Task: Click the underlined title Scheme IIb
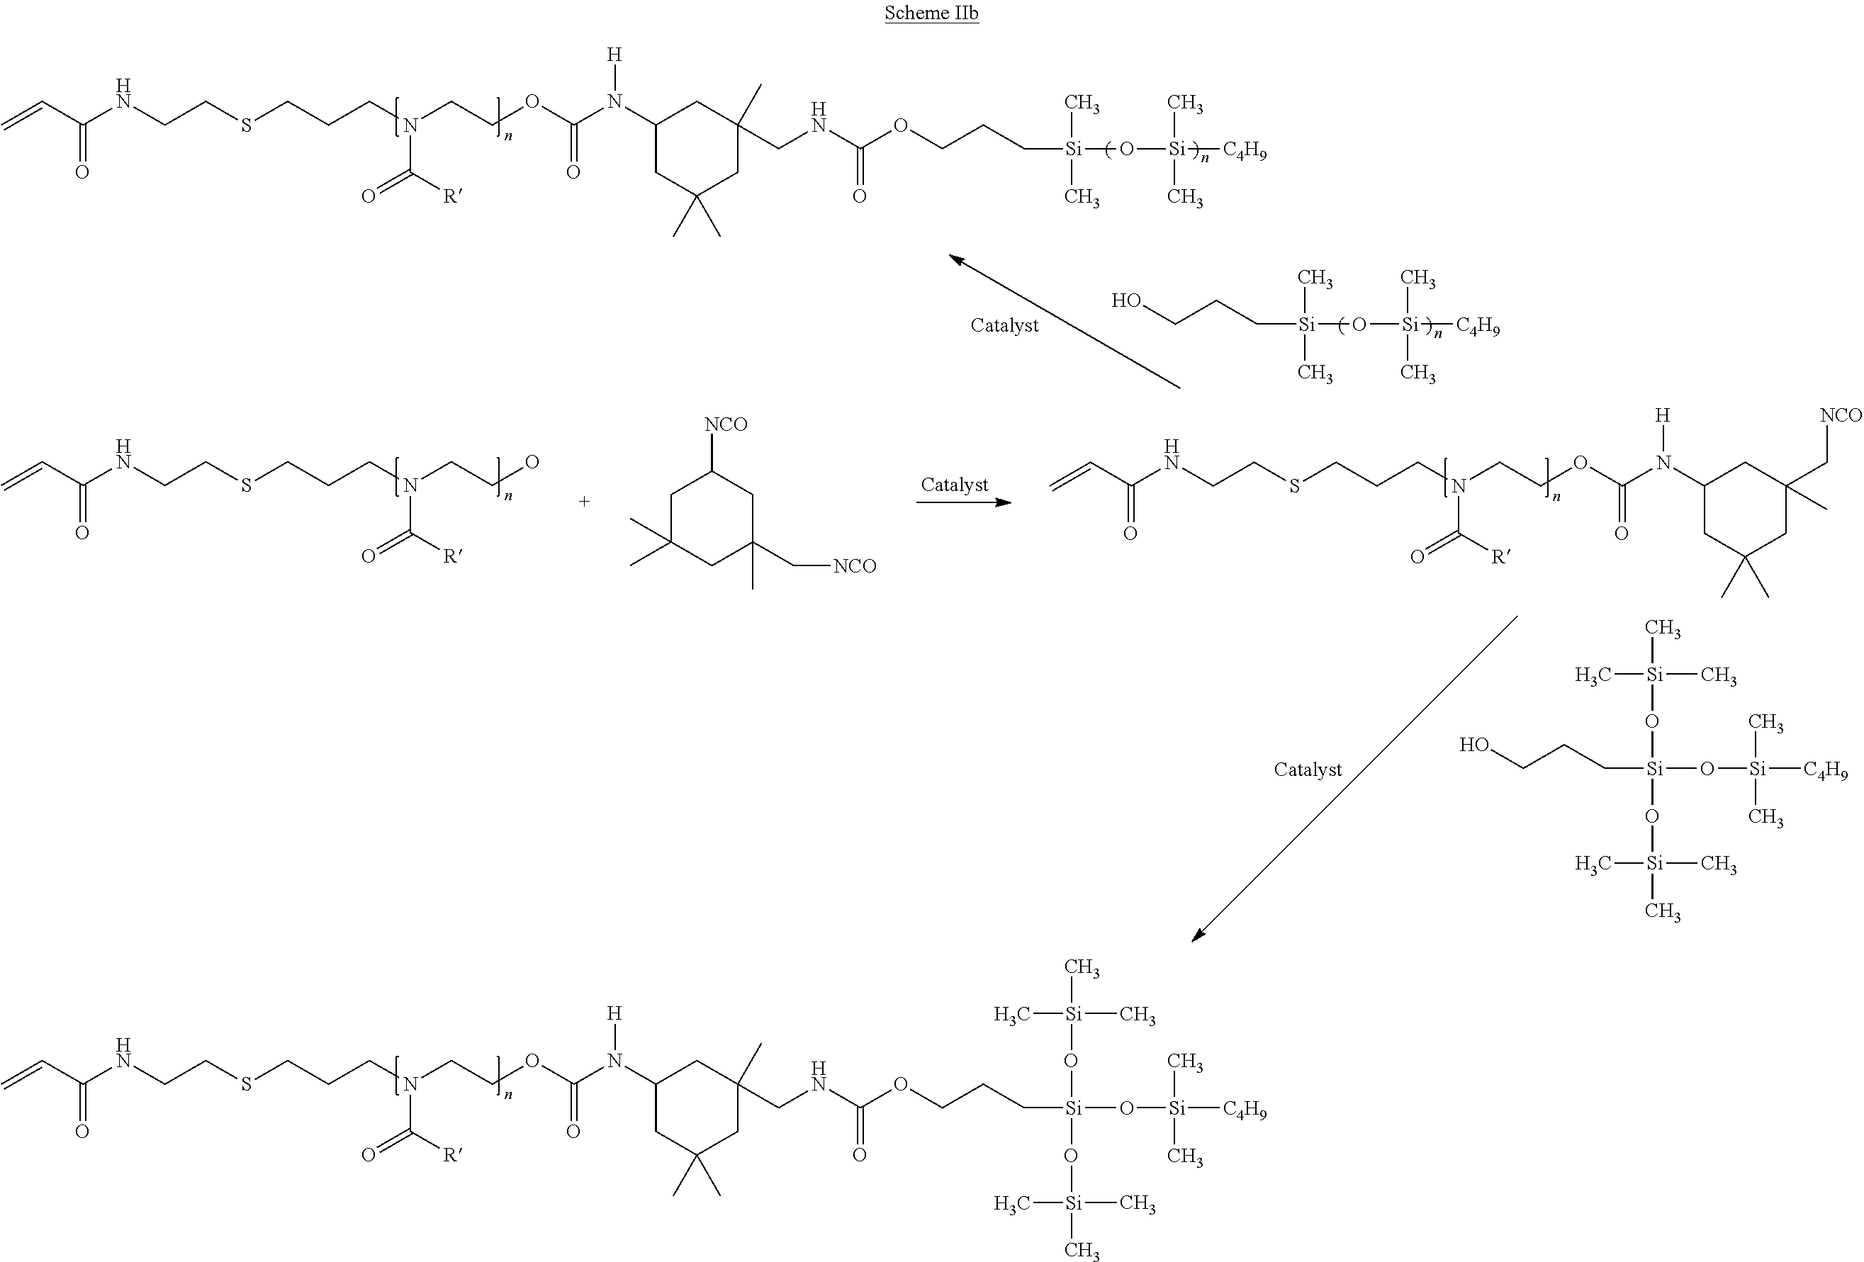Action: (931, 13)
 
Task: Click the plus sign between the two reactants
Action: (584, 501)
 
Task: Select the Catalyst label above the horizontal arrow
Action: (955, 484)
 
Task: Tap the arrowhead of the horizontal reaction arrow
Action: (1004, 502)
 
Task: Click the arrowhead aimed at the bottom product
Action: (1198, 934)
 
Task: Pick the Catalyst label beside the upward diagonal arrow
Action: (1004, 325)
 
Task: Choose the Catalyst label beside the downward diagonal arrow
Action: (1308, 769)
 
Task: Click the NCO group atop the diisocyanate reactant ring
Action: (726, 424)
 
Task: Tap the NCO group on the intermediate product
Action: (1841, 415)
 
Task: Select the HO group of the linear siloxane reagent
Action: (1126, 300)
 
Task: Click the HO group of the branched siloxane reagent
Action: (1474, 745)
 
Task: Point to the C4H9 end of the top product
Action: (1245, 151)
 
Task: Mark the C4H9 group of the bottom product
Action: (1245, 1110)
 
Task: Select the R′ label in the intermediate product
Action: (1500, 556)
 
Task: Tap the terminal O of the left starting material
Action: (532, 462)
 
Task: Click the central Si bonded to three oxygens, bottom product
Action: (1073, 1109)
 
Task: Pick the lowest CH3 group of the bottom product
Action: (1081, 1250)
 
